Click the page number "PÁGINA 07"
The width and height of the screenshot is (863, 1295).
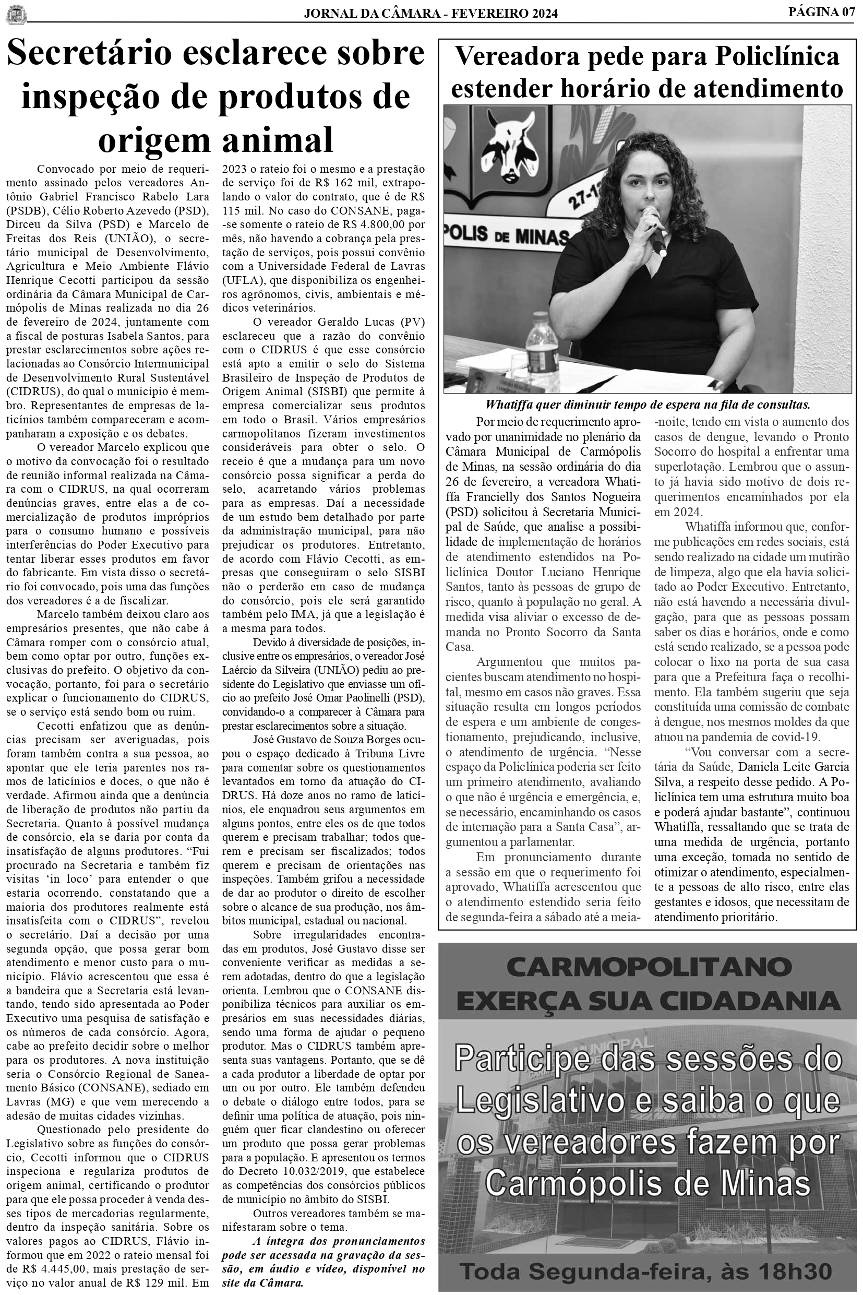821,11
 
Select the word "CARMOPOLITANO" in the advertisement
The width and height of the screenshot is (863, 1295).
649,965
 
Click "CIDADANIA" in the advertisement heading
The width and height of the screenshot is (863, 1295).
759,1000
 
